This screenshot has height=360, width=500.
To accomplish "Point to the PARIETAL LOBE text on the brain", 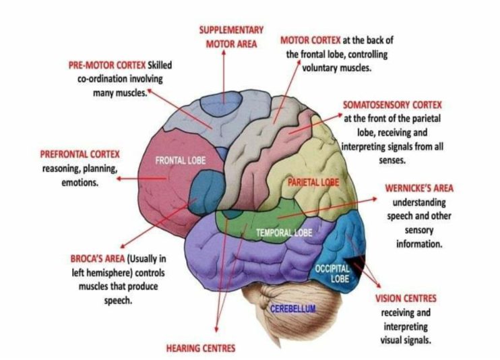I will [312, 183].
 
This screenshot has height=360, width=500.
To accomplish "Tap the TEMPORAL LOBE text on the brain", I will [284, 233].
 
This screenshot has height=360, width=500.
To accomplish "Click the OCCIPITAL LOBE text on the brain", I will [333, 273].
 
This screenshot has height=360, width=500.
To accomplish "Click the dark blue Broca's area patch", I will [201, 187].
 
